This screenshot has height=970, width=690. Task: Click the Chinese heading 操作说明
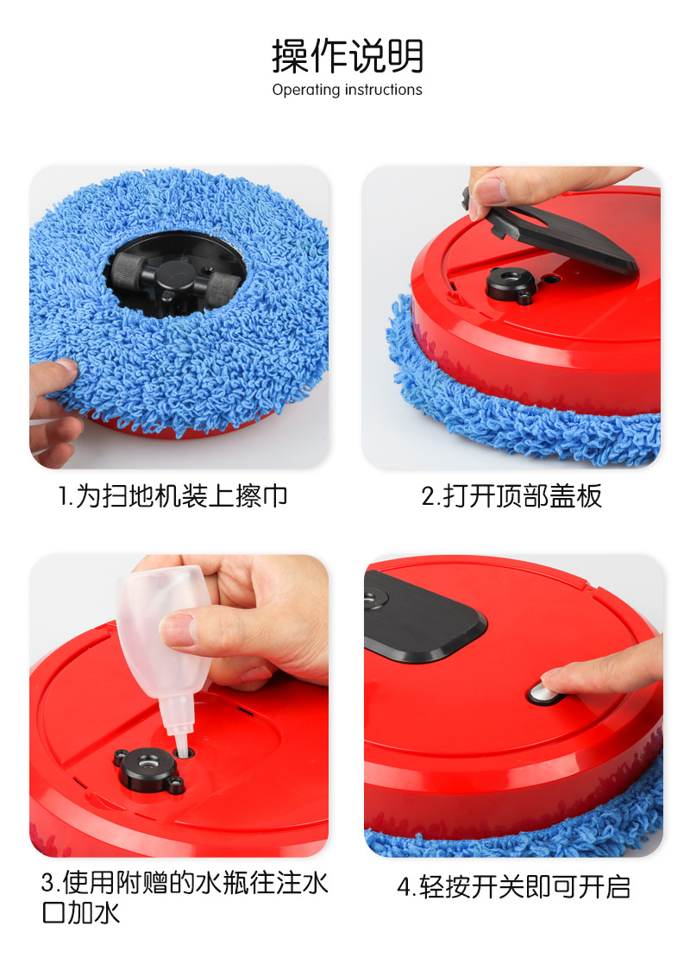(348, 56)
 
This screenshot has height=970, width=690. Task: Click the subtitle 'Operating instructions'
(347, 90)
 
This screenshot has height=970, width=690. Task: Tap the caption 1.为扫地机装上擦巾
(173, 496)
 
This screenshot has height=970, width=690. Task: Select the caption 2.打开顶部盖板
(511, 496)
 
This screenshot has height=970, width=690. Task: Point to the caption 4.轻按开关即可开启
(514, 887)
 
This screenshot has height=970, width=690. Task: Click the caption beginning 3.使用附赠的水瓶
(185, 898)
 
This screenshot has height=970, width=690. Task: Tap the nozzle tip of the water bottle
(181, 748)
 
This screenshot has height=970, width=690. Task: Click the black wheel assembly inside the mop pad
(175, 275)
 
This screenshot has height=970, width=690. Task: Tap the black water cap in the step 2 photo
(511, 285)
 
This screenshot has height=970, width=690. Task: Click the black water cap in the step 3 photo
(148, 770)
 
